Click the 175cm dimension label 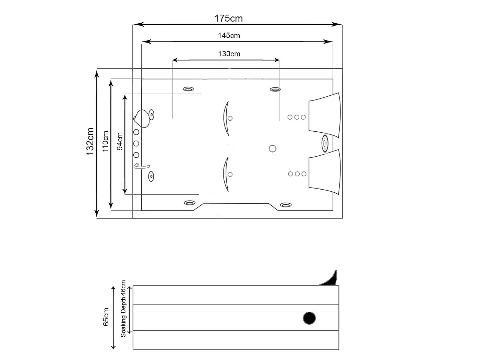pos(228,19)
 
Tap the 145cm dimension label pos(229,36)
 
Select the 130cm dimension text pos(229,54)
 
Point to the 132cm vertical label pos(90,142)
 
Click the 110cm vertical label pos(105,141)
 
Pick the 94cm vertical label pos(120,141)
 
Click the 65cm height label pos(106,317)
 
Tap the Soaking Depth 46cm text pos(123,309)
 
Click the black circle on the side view pos(309,318)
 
